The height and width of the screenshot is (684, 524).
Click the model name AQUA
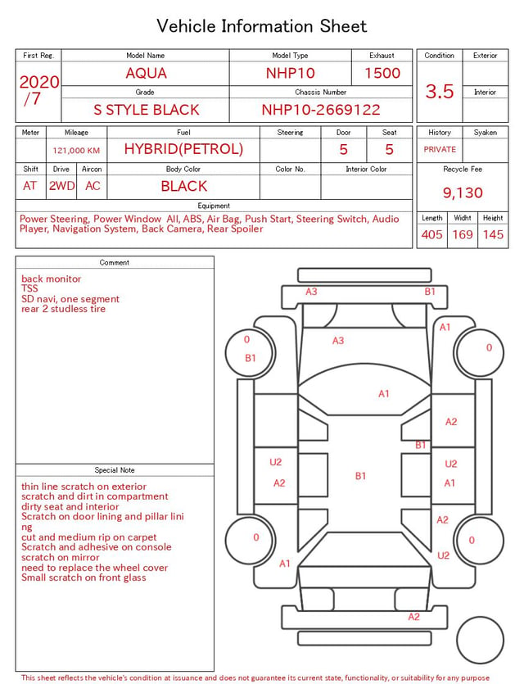pyautogui.click(x=146, y=73)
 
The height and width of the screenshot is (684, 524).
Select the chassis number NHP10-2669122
pyautogui.click(x=321, y=110)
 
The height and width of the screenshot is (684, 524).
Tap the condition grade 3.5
pyautogui.click(x=440, y=91)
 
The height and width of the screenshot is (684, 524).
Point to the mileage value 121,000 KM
pyautogui.click(x=76, y=151)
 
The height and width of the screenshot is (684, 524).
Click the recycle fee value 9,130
pyautogui.click(x=463, y=193)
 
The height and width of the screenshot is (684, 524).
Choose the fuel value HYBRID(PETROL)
pyautogui.click(x=183, y=149)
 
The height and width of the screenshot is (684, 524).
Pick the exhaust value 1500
pyautogui.click(x=382, y=73)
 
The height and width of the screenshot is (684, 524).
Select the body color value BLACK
pyautogui.click(x=184, y=186)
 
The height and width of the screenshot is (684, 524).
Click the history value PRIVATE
pyautogui.click(x=440, y=149)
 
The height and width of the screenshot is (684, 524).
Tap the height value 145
pyautogui.click(x=493, y=234)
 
